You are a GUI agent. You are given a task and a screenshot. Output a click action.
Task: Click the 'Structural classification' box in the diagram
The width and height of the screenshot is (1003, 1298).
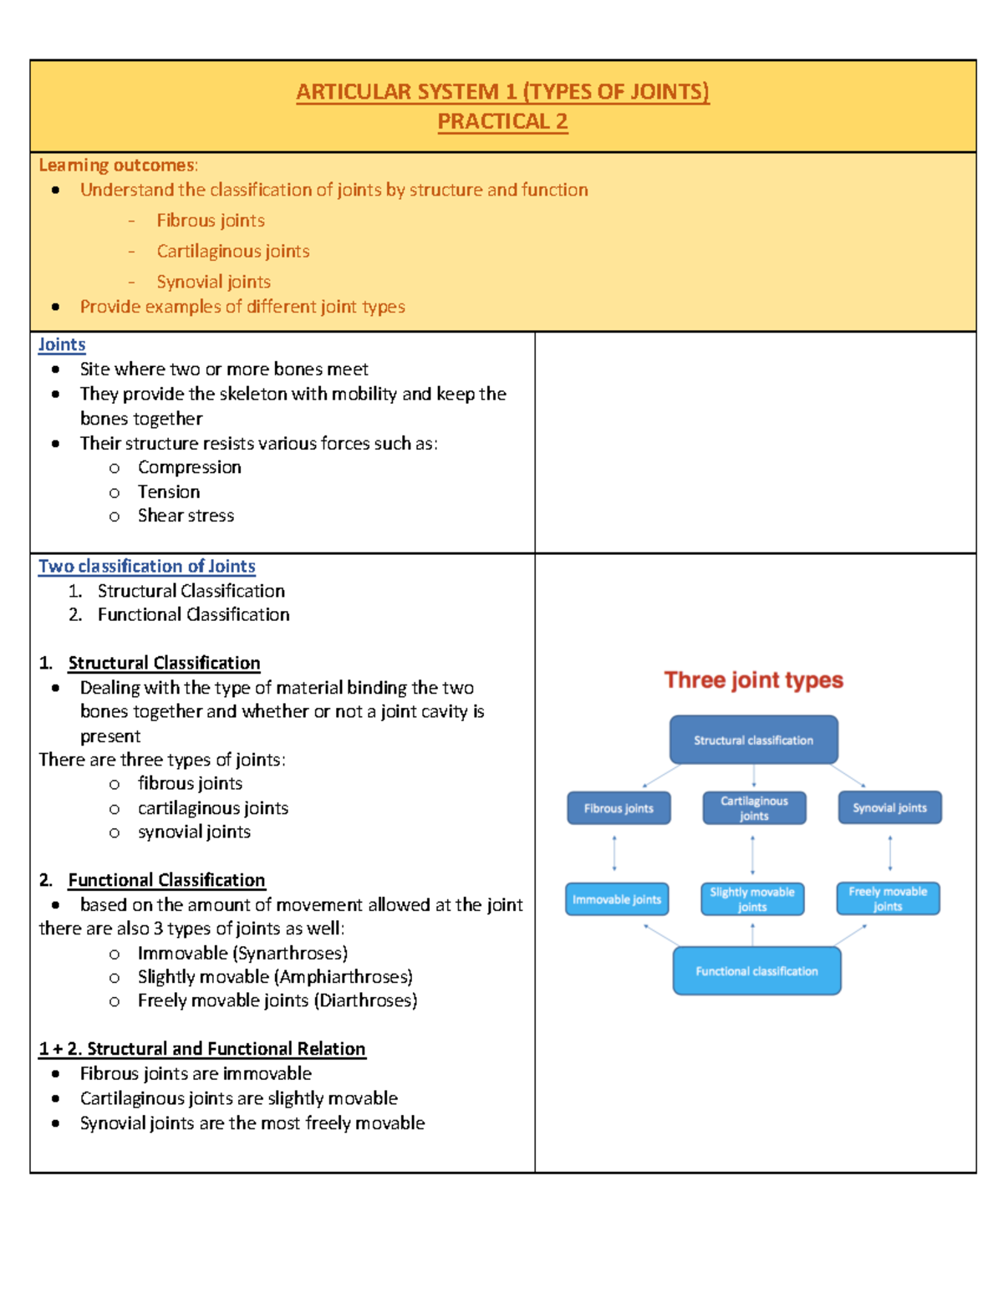[x=753, y=740]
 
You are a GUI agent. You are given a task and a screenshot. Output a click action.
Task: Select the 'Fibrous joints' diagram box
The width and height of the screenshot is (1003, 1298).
[x=619, y=808]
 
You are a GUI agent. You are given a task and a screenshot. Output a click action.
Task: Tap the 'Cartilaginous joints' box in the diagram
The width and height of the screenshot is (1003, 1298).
[x=754, y=808]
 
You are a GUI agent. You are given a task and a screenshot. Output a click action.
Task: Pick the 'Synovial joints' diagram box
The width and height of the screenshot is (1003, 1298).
[x=889, y=808]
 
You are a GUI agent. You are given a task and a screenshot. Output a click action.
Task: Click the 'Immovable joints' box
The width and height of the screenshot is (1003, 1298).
[x=617, y=899]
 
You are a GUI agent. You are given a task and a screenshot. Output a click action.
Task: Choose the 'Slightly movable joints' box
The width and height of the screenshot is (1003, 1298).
[x=752, y=899]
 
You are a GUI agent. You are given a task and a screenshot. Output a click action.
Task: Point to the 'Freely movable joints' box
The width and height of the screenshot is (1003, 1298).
[x=888, y=898]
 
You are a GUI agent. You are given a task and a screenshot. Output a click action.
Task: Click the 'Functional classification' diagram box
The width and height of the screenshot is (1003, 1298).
[x=756, y=971]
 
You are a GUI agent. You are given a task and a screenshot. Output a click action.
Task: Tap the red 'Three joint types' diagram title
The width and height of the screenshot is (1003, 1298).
[x=753, y=680]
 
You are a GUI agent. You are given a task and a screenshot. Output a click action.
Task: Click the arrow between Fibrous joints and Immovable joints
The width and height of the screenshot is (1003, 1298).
[x=614, y=853]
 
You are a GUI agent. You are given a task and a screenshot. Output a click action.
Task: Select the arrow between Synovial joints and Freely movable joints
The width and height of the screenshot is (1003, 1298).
[x=889, y=853]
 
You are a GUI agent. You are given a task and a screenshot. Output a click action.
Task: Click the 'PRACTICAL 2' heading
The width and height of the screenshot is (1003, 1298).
[x=502, y=122]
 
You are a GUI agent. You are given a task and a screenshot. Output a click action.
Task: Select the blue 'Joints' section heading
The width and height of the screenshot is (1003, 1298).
[x=62, y=344]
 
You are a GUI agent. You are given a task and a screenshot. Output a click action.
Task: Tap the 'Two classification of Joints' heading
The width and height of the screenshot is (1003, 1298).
[x=147, y=566]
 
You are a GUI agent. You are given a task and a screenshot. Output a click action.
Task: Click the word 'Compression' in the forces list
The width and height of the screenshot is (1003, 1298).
[x=190, y=467]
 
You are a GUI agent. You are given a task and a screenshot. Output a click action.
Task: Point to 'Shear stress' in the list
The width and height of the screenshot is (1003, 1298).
[x=186, y=516]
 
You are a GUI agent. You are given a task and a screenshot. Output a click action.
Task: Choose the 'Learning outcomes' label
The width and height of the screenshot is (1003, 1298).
[x=117, y=165]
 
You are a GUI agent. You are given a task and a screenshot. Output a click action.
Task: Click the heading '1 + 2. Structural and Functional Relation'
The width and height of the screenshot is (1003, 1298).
[x=202, y=1049]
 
